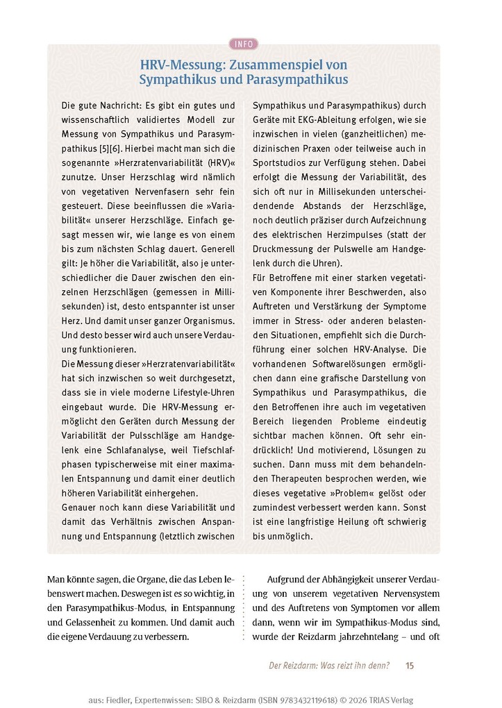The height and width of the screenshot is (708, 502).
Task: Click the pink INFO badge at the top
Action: click(244, 44)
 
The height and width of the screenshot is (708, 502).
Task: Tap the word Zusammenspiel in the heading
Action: click(278, 65)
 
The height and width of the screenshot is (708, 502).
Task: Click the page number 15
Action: click(410, 666)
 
